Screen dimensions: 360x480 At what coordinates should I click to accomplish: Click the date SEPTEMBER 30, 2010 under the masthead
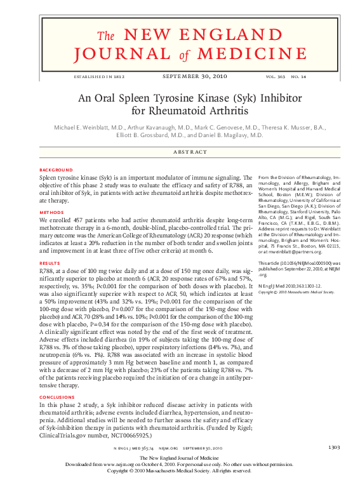click(180, 77)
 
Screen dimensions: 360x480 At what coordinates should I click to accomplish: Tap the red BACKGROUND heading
click(55, 170)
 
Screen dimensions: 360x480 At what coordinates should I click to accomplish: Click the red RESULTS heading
click(50, 262)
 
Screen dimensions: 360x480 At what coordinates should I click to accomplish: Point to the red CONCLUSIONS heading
click(57, 397)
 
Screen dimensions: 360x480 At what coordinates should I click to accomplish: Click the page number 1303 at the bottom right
click(333, 448)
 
